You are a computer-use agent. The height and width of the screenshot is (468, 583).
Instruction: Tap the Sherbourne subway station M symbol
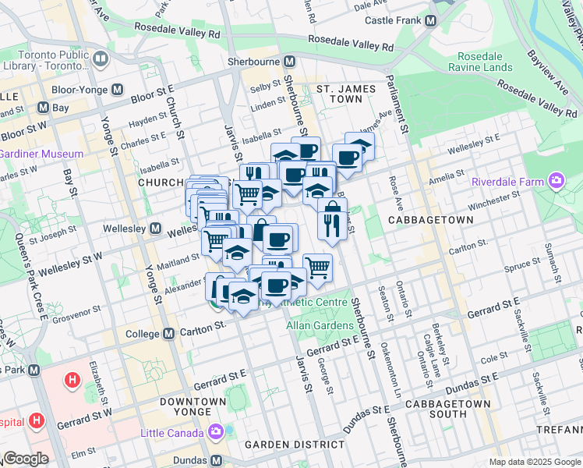(x=289, y=61)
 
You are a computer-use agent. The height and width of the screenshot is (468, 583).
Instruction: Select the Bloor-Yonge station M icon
(x=117, y=90)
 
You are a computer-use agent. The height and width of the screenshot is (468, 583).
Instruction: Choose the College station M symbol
(x=169, y=334)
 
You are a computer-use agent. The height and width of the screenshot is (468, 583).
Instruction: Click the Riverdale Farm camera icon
(x=556, y=182)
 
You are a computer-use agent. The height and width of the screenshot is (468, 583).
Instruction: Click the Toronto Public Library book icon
(x=100, y=58)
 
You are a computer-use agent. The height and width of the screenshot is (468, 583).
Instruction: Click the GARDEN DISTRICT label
(x=294, y=445)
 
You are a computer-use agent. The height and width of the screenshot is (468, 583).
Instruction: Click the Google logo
(x=25, y=459)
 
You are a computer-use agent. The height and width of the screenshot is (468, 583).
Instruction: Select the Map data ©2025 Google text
(x=534, y=462)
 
